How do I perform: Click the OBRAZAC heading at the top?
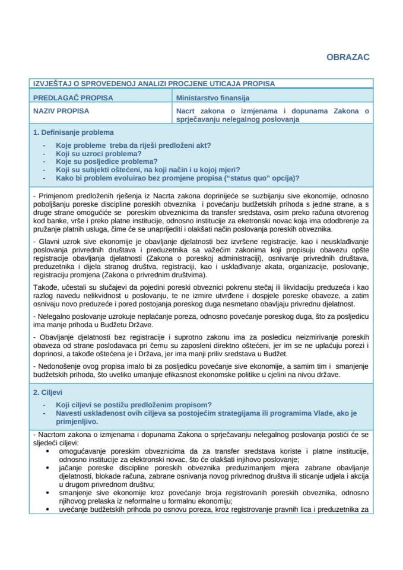pyautogui.click(x=348, y=57)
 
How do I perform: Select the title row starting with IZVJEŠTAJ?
pyautogui.click(x=154, y=84)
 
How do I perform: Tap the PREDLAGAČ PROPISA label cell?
pyautogui.click(x=73, y=97)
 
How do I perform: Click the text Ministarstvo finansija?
pyautogui.click(x=212, y=97)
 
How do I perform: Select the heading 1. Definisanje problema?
pyautogui.click(x=74, y=132)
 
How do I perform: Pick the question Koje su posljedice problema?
pyautogui.click(x=106, y=161)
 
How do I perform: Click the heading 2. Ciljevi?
pyautogui.click(x=49, y=392)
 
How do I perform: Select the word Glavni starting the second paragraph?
pyautogui.click(x=49, y=243)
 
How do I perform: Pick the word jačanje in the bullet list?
pyautogui.click(x=71, y=468)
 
